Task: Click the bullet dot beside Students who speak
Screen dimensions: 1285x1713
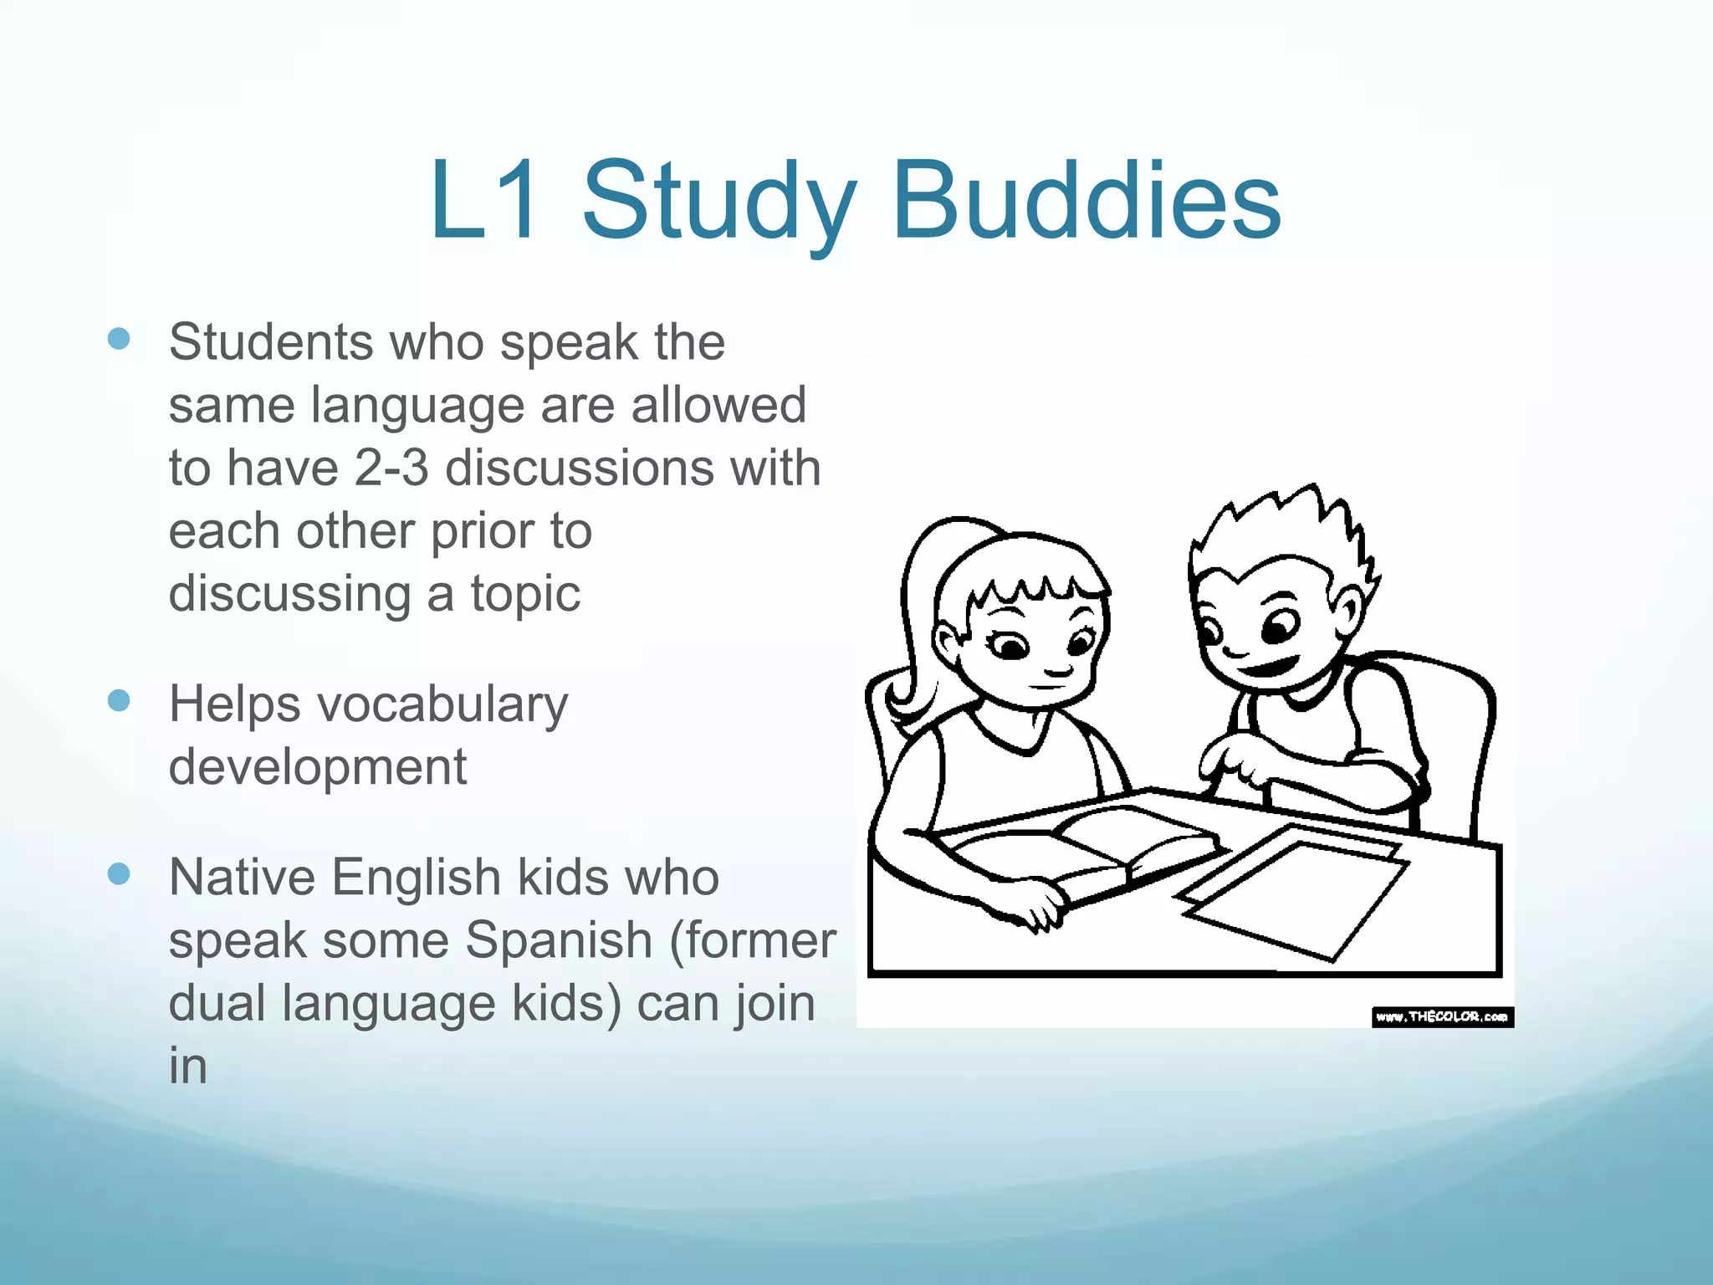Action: click(119, 339)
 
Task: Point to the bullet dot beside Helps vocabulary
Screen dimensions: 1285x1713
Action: click(119, 700)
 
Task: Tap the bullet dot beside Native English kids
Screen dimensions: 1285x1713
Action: click(119, 874)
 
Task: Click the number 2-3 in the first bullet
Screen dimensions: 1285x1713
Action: click(391, 468)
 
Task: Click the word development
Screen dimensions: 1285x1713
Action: click(317, 767)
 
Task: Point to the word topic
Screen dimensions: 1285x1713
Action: click(524, 595)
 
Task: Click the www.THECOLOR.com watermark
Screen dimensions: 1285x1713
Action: click(1442, 1016)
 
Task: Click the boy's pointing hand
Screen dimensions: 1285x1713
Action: click(1230, 762)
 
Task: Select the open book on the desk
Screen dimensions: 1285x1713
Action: click(1087, 845)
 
